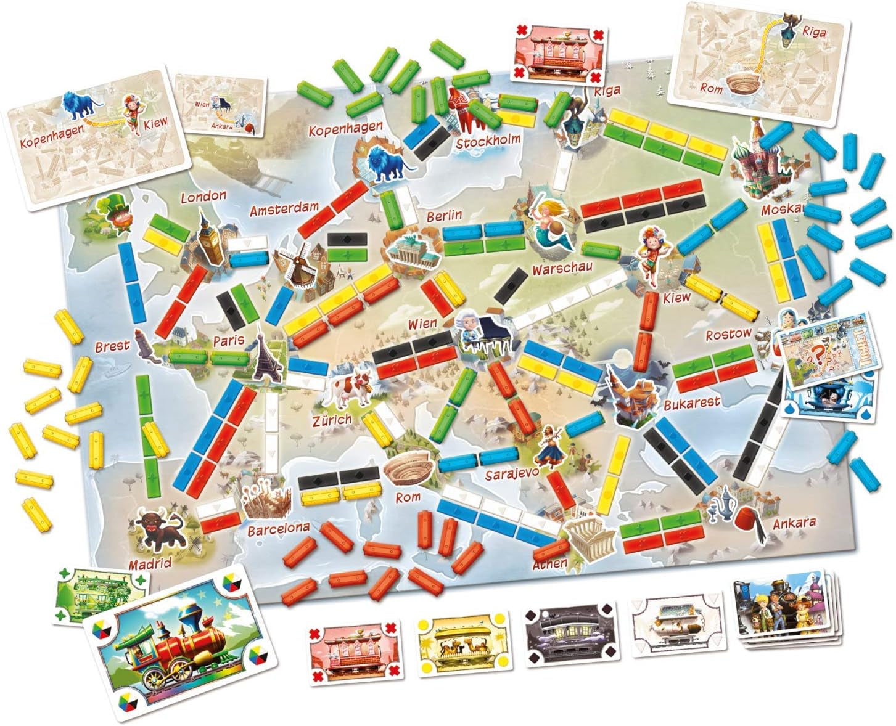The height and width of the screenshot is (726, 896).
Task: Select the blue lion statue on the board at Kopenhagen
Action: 386,165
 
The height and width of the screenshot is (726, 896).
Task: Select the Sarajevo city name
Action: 512,475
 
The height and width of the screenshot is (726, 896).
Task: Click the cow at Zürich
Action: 348,388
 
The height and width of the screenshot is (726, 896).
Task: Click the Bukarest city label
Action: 691,404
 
